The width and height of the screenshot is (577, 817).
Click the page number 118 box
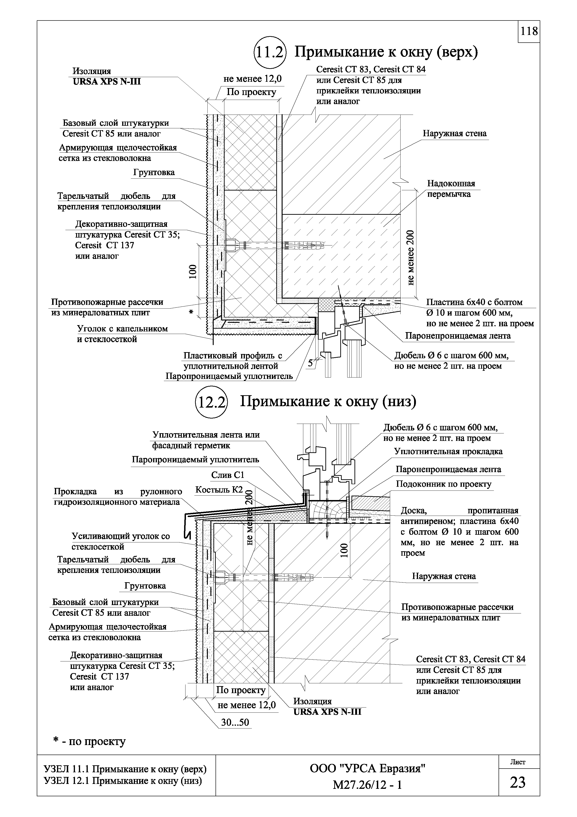click(529, 32)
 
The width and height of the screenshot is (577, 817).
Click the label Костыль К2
click(219, 490)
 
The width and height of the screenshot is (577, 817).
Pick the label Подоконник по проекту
click(443, 484)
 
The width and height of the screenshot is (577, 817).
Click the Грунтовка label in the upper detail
click(154, 173)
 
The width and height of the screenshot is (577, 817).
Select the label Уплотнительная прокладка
click(448, 452)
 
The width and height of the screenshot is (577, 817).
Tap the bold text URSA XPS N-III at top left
click(107, 82)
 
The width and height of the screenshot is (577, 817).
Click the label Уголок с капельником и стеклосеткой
click(122, 334)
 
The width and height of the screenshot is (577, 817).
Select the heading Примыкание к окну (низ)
click(328, 401)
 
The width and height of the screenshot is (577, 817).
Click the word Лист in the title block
click(518, 762)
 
